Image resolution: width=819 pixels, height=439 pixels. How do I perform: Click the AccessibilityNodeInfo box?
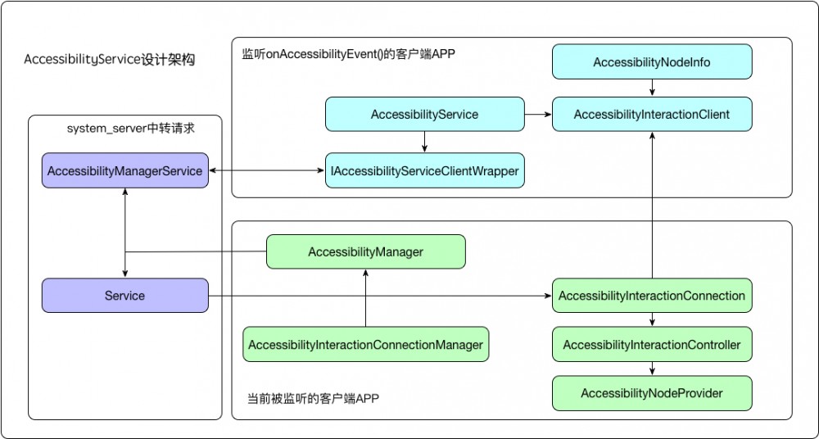tap(651, 62)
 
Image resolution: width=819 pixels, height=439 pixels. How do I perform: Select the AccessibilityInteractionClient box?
tap(651, 115)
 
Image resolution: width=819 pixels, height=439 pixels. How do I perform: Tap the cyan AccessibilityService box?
tap(424, 115)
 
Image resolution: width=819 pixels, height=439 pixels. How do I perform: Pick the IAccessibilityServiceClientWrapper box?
tap(424, 170)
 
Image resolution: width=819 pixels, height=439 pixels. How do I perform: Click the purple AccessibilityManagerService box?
tap(124, 171)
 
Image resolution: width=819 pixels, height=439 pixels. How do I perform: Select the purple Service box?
tap(124, 296)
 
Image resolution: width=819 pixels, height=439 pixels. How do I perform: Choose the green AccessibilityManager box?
tap(365, 252)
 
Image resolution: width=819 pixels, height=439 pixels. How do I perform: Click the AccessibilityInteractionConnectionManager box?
tap(365, 345)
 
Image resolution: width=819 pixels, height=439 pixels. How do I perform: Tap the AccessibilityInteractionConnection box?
tap(651, 296)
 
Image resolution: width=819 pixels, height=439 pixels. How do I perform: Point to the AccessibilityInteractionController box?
tap(651, 345)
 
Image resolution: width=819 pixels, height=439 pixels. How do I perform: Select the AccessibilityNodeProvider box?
tap(651, 393)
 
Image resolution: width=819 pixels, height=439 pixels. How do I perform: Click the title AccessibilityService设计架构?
tap(110, 60)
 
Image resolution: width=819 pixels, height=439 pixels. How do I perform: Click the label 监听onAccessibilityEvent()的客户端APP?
tap(348, 54)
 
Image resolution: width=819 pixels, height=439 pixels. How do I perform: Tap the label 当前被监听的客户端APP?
tap(313, 399)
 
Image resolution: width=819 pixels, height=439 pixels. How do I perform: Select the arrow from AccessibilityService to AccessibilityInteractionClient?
tap(538, 115)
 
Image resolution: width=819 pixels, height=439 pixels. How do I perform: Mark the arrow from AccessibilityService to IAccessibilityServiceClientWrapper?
tap(424, 143)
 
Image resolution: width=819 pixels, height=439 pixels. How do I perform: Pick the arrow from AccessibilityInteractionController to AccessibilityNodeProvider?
tap(651, 369)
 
